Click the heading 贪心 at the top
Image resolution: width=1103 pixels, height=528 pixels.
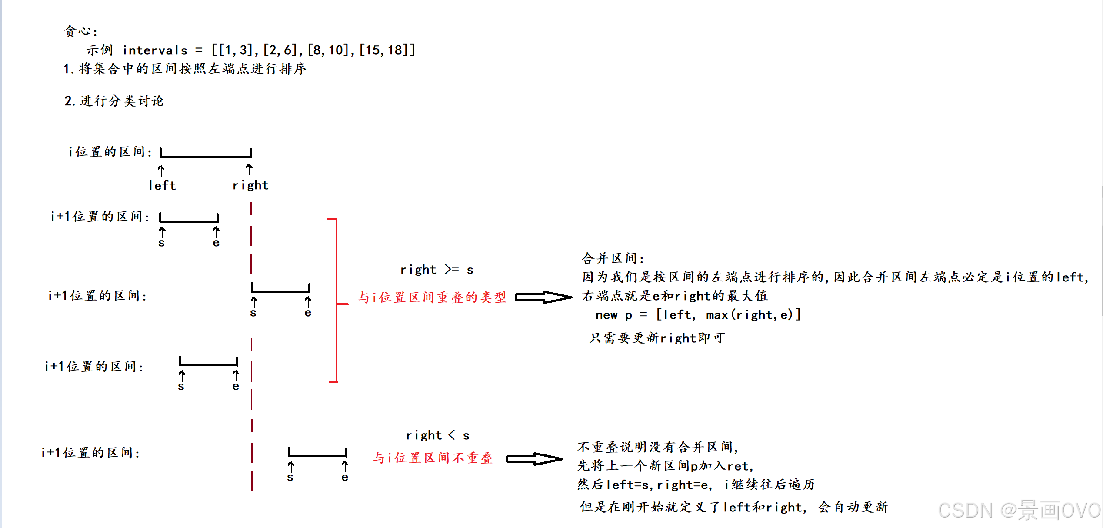click(80, 31)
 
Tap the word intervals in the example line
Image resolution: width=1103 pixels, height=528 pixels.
click(155, 50)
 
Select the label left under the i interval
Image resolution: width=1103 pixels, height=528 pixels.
click(162, 186)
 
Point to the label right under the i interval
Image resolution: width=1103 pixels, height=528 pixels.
click(250, 186)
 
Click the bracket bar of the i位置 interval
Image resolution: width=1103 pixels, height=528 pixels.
click(206, 155)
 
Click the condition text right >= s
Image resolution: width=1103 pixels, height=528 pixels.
click(437, 270)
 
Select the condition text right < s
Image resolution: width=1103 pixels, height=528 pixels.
click(437, 435)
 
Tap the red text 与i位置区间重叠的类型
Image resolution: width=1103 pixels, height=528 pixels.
click(432, 297)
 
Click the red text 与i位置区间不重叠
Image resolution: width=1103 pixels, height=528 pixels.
click(433, 458)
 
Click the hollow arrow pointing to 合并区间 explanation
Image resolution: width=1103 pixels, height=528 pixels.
click(543, 297)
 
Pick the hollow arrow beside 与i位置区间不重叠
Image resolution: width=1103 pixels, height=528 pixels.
click(535, 459)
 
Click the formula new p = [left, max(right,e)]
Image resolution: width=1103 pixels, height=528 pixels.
click(698, 315)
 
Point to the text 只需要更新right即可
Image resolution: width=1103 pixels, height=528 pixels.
click(657, 338)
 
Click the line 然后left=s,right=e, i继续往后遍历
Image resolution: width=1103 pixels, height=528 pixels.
click(696, 485)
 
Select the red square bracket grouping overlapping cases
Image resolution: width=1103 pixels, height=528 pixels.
click(336, 300)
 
